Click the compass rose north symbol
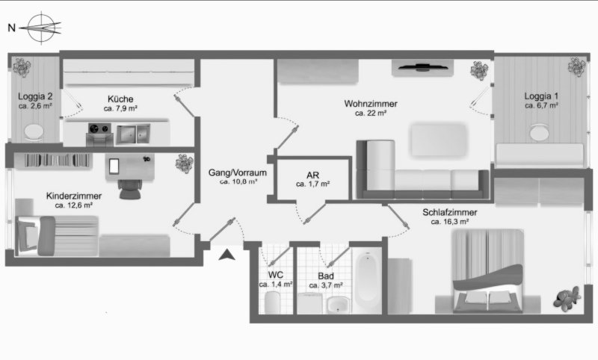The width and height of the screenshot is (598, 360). tap(42, 28)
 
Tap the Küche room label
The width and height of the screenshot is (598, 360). tap(120, 99)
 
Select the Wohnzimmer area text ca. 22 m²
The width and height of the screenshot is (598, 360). tap(371, 113)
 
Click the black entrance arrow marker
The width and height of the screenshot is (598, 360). tap(227, 255)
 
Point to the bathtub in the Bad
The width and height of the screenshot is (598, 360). tap(366, 280)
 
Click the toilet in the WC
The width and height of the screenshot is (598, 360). tap(272, 302)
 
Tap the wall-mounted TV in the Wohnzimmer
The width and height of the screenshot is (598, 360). tap(422, 68)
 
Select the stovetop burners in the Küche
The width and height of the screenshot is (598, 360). tap(99, 128)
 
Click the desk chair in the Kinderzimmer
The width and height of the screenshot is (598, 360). tap(130, 189)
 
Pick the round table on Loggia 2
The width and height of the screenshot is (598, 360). tap(34, 132)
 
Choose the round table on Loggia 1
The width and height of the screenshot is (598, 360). tap(539, 132)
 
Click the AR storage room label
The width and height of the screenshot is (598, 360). tap(312, 176)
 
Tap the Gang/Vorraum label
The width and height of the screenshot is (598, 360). tap(237, 173)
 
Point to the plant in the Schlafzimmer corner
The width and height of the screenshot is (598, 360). tap(567, 297)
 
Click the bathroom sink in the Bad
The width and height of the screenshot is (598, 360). tap(338, 305)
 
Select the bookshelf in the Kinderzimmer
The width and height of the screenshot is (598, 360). tap(52, 161)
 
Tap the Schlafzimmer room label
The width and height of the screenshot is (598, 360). tap(450, 212)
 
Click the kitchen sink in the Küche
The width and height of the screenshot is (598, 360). tap(133, 134)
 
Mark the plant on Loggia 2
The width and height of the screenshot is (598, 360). tap(22, 67)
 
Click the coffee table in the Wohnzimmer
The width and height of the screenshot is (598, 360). tap(439, 140)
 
